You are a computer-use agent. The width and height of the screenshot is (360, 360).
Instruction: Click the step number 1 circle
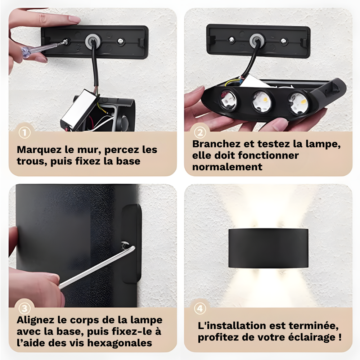click(24, 132)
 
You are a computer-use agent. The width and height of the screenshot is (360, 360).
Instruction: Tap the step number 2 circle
click(200, 132)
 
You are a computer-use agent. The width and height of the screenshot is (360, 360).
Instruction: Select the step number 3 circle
click(24, 309)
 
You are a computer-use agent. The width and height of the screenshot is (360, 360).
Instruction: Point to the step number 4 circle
click(200, 309)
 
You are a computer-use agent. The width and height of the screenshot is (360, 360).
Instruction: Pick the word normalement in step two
click(227, 167)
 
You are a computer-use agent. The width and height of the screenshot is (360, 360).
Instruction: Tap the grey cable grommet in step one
click(93, 41)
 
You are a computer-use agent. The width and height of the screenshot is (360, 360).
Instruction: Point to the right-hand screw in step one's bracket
click(120, 41)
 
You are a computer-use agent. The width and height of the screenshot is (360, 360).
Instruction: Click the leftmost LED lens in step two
click(229, 100)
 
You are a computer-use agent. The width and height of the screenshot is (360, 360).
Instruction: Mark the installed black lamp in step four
click(268, 248)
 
